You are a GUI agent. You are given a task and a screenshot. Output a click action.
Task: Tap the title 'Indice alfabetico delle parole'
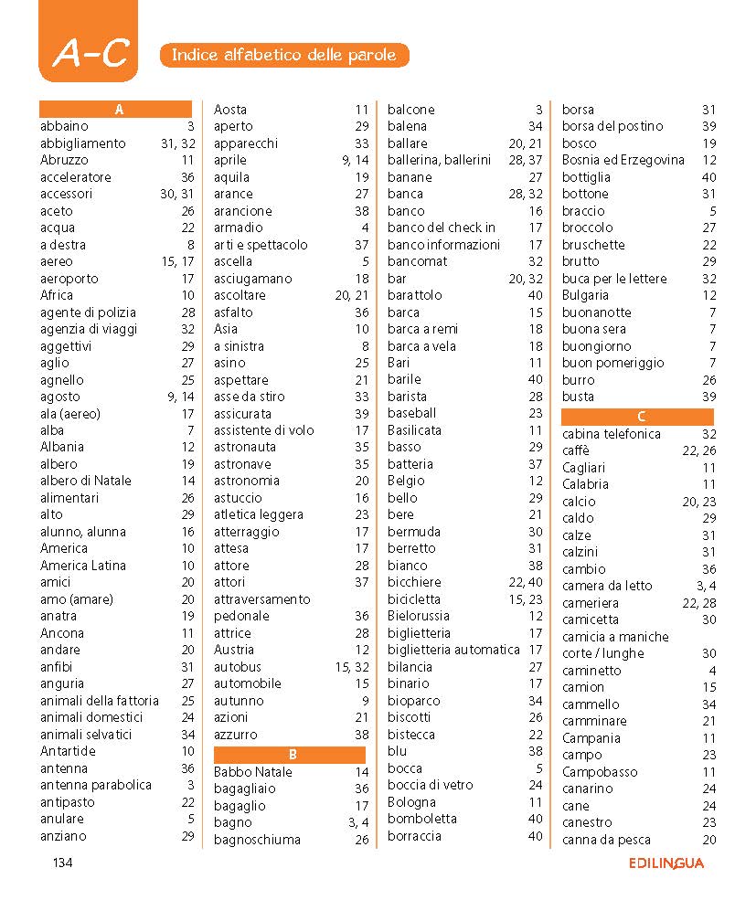pyautogui.click(x=284, y=55)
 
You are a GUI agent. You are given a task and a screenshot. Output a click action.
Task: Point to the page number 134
pyautogui.click(x=62, y=863)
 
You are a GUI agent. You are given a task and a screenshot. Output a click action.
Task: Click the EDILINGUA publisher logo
pyautogui.click(x=665, y=863)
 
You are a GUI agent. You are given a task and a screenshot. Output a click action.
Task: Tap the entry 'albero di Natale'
pyautogui.click(x=86, y=481)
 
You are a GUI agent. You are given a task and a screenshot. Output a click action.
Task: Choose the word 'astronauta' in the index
pyautogui.click(x=245, y=447)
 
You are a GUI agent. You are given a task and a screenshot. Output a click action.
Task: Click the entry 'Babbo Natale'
pyautogui.click(x=253, y=772)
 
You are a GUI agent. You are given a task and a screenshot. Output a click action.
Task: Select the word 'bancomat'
pyautogui.click(x=418, y=261)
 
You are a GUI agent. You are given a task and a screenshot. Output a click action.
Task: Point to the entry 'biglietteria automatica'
pyautogui.click(x=453, y=650)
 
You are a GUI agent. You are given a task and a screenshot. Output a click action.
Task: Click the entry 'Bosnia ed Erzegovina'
pyautogui.click(x=623, y=160)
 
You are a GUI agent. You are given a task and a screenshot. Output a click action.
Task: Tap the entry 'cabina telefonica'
pyautogui.click(x=612, y=434)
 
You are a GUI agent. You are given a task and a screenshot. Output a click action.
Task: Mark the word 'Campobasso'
pyautogui.click(x=600, y=772)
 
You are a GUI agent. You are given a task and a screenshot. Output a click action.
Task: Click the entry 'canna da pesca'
pyautogui.click(x=606, y=840)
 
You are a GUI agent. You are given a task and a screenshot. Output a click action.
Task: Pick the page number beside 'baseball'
pyautogui.click(x=536, y=413)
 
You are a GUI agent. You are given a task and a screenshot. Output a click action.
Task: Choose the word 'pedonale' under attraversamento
pyautogui.click(x=241, y=616)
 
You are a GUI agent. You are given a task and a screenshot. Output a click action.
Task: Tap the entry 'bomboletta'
pyautogui.click(x=422, y=819)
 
